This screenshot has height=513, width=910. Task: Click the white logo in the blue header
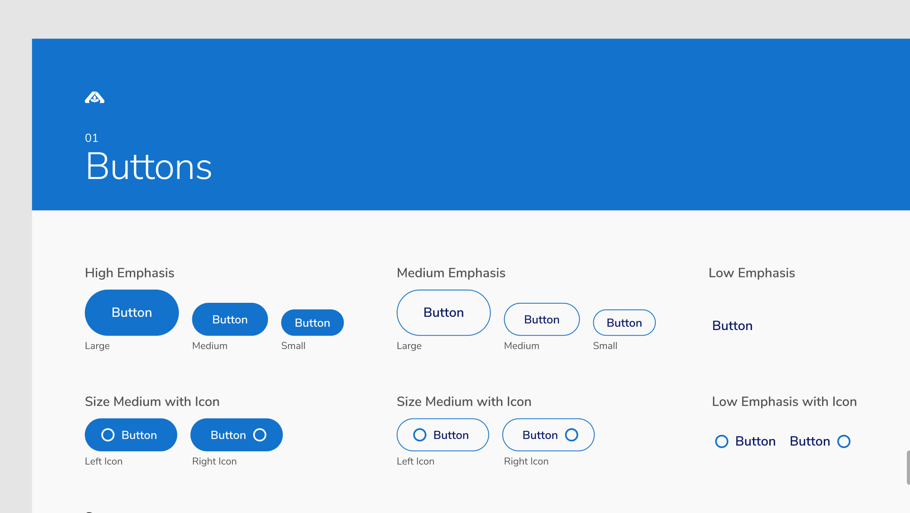pyautogui.click(x=94, y=98)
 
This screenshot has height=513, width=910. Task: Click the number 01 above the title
pyautogui.click(x=92, y=138)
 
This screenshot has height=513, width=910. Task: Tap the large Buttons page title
pyautogui.click(x=149, y=167)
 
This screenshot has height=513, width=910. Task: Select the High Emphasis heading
pyautogui.click(x=129, y=273)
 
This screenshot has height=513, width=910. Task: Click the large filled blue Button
pyautogui.click(x=132, y=313)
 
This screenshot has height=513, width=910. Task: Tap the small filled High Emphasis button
pyautogui.click(x=312, y=323)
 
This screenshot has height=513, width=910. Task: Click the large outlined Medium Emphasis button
pyautogui.click(x=443, y=313)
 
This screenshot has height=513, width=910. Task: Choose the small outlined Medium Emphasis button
pyautogui.click(x=624, y=323)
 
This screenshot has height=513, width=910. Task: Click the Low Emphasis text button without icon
pyautogui.click(x=732, y=326)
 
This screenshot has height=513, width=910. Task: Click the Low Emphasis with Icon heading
pyautogui.click(x=784, y=402)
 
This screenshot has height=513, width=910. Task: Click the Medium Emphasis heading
pyautogui.click(x=451, y=273)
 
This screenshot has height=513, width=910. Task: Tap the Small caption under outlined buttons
pyautogui.click(x=605, y=346)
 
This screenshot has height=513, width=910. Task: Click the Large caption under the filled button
pyautogui.click(x=97, y=346)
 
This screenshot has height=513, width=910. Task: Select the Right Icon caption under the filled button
pyautogui.click(x=214, y=462)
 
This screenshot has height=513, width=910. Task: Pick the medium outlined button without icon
pyautogui.click(x=541, y=320)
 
